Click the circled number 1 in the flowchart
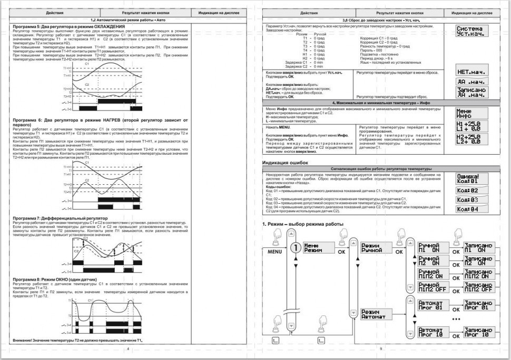click(x=296, y=247)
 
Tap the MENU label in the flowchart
click(x=275, y=252)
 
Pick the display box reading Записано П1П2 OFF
click(x=478, y=287)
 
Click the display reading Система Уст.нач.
click(x=471, y=31)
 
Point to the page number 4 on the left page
click(x=127, y=348)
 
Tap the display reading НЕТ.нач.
click(x=471, y=71)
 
